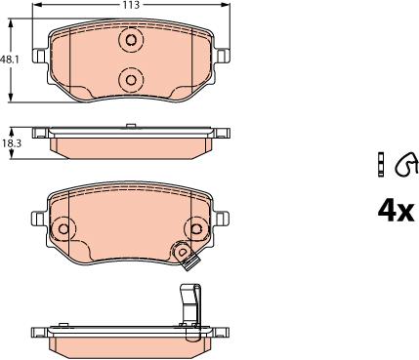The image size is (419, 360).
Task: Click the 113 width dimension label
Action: (130, 5)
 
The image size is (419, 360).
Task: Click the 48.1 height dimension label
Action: (10, 60)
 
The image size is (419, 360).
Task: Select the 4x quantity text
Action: (396, 211)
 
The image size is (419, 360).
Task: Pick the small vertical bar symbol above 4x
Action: (381, 164)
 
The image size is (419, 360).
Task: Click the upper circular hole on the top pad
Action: (131, 40)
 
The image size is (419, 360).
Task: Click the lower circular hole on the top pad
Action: (131, 80)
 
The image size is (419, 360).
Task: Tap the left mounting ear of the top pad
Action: (39, 56)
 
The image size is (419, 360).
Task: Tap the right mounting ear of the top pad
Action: (223, 56)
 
